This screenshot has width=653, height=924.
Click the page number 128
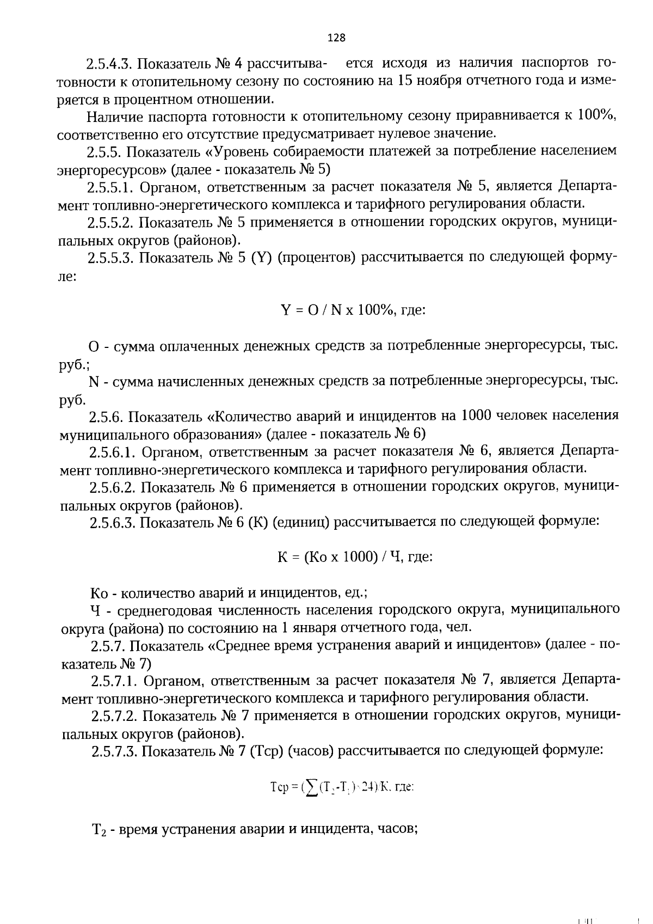coord(336,38)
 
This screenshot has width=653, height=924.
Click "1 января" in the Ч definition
coord(306,628)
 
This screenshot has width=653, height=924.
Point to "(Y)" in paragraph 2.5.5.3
coord(261,258)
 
